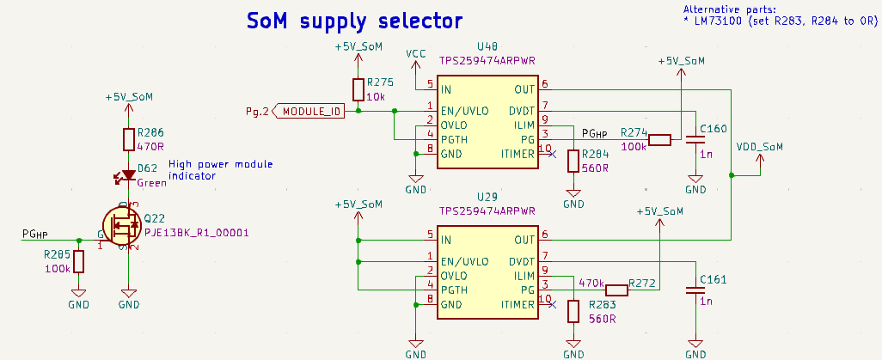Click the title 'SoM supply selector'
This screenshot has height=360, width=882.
pos(354,21)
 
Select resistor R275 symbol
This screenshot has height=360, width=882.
pos(358,89)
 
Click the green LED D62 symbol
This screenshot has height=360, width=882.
pos(128,175)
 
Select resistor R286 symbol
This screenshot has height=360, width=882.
pos(128,140)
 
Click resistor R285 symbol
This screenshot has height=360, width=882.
pos(79,261)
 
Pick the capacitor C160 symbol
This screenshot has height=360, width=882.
pos(695,141)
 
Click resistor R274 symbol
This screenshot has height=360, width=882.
pos(659,140)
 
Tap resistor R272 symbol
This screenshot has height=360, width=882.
pos(616,290)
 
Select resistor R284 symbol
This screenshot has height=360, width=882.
pos(573,161)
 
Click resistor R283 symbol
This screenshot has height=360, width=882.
pos(573,311)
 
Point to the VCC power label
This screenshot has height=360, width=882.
pos(416,54)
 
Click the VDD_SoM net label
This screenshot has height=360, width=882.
pos(760,147)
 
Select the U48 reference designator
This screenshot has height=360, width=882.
pos(487,46)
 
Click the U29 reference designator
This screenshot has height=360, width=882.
pos(487,197)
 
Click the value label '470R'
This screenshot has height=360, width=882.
pos(151,147)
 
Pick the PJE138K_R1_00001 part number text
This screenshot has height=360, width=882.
pos(196,232)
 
